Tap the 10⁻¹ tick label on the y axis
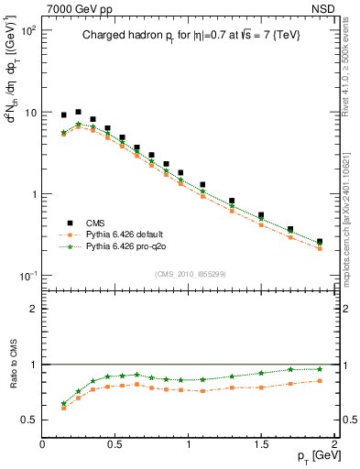pos(27,276)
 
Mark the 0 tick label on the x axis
pos(42,444)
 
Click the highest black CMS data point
pos(78,112)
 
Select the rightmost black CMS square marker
pos(319,242)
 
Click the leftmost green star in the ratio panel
pos(63,403)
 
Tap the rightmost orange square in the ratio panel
pos(319,381)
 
